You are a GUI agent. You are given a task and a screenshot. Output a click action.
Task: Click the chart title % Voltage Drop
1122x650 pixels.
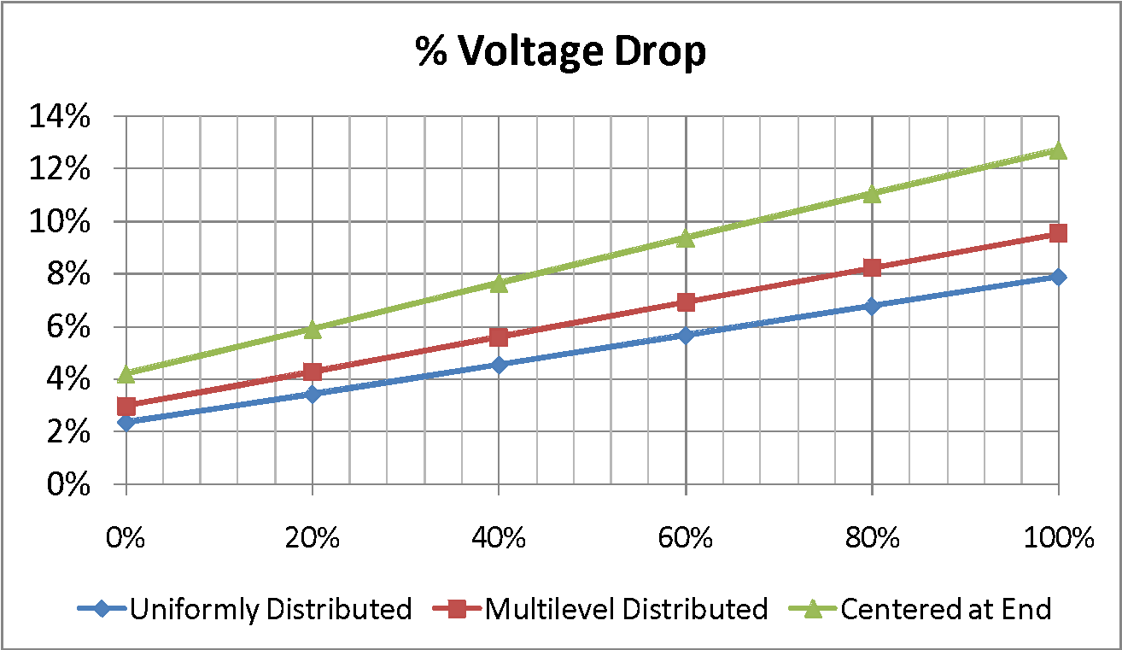click(x=561, y=52)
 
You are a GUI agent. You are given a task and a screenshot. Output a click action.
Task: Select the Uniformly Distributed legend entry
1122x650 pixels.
click(x=270, y=609)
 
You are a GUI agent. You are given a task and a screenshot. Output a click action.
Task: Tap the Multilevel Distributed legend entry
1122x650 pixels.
click(x=626, y=609)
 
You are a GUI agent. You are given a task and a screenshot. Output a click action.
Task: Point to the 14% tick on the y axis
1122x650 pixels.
click(x=61, y=117)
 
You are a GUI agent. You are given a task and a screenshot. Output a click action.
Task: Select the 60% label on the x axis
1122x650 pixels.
click(x=686, y=539)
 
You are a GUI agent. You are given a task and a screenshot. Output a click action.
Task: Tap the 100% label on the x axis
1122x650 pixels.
click(x=1057, y=539)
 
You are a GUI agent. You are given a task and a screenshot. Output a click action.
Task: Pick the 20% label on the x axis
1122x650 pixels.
click(x=313, y=539)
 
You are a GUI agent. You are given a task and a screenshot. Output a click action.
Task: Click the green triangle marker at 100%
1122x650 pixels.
click(x=1058, y=150)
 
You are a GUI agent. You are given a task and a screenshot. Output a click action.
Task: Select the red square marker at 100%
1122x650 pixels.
click(x=1058, y=233)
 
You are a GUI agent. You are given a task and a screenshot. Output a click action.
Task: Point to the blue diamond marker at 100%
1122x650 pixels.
click(x=1058, y=277)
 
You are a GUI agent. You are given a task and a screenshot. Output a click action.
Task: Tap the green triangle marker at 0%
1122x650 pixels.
click(x=126, y=373)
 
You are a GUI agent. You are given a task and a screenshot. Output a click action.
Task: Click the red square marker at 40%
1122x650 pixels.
click(x=499, y=337)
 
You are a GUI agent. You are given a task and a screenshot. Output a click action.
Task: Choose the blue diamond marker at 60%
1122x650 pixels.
click(x=686, y=335)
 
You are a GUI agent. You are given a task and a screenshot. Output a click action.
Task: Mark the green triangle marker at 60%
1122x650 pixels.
click(x=686, y=237)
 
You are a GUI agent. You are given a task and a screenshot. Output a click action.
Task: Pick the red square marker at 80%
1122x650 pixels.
click(x=872, y=267)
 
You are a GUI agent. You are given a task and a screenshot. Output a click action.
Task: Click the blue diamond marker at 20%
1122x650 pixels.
click(x=313, y=394)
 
